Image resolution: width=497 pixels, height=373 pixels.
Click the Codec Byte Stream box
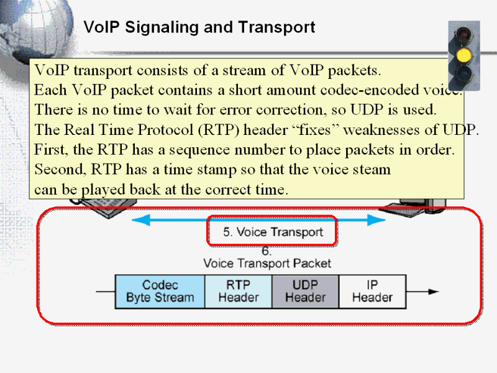click(160, 291)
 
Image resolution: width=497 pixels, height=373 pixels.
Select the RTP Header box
click(238, 291)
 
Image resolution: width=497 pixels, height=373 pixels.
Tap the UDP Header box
click(305, 291)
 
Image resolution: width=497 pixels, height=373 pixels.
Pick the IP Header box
click(372, 291)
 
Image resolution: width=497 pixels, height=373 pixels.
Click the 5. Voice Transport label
click(273, 233)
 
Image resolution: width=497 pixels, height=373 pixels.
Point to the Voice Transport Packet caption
click(267, 263)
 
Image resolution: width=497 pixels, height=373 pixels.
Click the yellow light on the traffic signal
click(463, 55)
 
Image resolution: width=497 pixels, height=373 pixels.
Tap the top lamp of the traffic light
click(463, 34)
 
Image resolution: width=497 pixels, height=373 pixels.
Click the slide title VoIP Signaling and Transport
click(199, 27)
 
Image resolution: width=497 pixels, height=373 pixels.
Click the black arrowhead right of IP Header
click(433, 292)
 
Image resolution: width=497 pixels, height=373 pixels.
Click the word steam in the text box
click(372, 169)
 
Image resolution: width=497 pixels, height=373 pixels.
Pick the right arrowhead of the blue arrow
click(376, 219)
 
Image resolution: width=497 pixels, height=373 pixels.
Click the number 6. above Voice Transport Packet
click(267, 251)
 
